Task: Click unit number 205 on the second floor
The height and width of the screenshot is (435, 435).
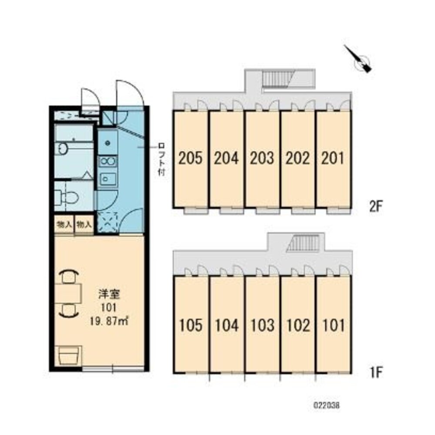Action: [191, 158]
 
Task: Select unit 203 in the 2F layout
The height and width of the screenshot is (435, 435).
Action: [262, 158]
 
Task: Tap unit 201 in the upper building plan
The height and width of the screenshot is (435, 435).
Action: [332, 158]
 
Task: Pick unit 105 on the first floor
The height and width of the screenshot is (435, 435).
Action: [191, 325]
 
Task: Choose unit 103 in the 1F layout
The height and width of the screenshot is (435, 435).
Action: [262, 325]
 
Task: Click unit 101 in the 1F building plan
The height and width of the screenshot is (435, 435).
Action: [333, 325]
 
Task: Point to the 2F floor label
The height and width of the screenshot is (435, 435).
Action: [376, 206]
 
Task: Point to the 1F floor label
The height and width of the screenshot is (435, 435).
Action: [376, 372]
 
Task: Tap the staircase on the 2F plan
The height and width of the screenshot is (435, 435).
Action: [276, 79]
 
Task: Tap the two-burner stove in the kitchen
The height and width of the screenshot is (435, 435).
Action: [108, 161]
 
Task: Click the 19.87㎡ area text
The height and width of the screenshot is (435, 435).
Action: [109, 321]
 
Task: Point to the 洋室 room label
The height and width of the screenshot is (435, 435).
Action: [109, 294]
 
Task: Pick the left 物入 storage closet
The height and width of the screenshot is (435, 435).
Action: [64, 224]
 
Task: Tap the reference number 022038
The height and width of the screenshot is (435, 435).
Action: [327, 405]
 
